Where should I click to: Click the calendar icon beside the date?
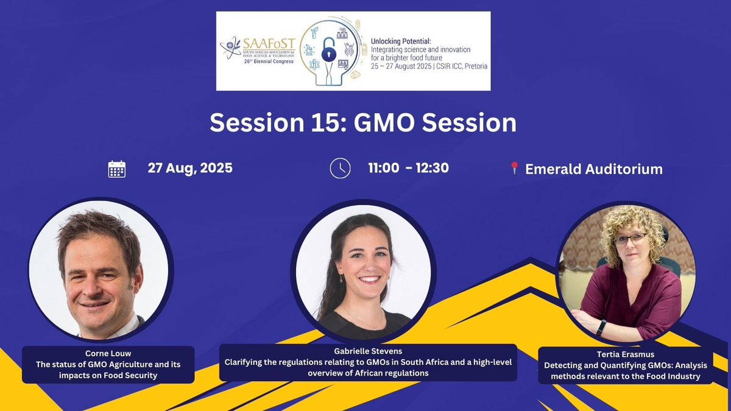pyautogui.click(x=116, y=169)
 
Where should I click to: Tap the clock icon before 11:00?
pyautogui.click(x=340, y=168)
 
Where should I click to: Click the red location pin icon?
pyautogui.click(x=514, y=169)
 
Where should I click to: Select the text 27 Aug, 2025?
pyautogui.click(x=190, y=168)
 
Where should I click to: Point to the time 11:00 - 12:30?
pyautogui.click(x=409, y=168)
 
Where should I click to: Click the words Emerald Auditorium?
pyautogui.click(x=594, y=169)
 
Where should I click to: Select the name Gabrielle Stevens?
pyautogui.click(x=367, y=352)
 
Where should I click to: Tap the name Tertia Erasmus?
pyautogui.click(x=625, y=356)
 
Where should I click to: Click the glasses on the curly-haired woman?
pyautogui.click(x=630, y=239)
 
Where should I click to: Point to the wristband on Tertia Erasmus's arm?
pyautogui.click(x=601, y=327)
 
